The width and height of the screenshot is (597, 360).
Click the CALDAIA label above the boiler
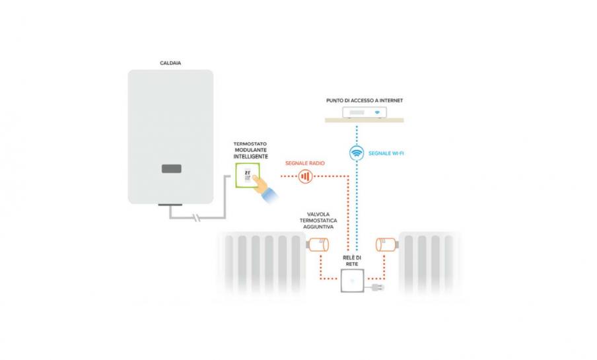[x=170, y=63]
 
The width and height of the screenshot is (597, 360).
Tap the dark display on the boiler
[x=170, y=169]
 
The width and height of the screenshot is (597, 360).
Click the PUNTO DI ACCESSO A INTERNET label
[x=365, y=100]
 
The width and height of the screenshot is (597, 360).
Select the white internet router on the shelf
[x=365, y=113]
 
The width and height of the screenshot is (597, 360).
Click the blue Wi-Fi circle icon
[x=357, y=153]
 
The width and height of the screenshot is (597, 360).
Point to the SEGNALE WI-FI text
[x=386, y=153]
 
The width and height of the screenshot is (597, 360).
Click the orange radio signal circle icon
[x=304, y=176]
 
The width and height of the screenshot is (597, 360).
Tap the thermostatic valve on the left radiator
[x=318, y=246]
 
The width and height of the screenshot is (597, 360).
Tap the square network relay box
[x=351, y=281]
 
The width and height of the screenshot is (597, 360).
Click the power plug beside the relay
[x=378, y=288]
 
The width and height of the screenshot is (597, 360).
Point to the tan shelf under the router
[x=365, y=120]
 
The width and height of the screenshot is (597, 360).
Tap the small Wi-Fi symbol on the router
[x=377, y=113]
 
